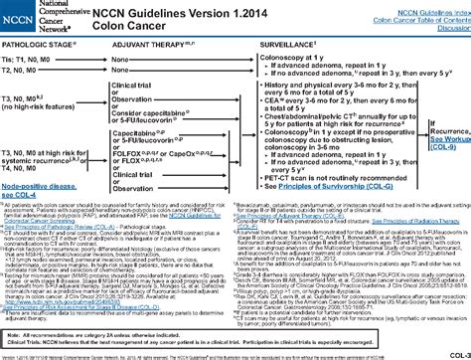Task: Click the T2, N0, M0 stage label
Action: click(x=27, y=72)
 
